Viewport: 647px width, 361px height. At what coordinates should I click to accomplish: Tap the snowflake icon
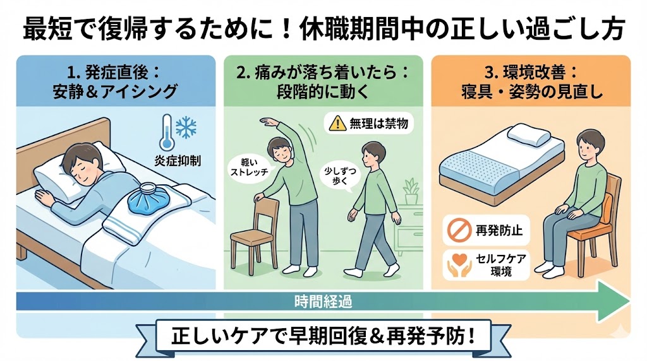(186, 127)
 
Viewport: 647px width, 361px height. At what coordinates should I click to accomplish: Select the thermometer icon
(167, 133)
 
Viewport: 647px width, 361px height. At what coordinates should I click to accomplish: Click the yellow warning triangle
(337, 123)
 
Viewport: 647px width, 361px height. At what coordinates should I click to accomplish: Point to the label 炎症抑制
(178, 160)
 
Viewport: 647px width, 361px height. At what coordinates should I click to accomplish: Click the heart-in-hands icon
(459, 264)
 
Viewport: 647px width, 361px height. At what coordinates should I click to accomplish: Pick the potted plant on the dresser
(411, 192)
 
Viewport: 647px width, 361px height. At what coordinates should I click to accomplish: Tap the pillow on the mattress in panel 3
(529, 135)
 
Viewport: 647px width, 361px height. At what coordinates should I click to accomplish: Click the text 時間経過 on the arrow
(323, 302)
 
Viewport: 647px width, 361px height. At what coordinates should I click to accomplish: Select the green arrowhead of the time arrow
(614, 301)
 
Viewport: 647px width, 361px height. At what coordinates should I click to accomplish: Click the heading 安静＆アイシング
(115, 91)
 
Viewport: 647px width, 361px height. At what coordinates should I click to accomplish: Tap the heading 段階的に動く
(323, 91)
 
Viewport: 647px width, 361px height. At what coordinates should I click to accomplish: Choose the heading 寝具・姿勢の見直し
(532, 91)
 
